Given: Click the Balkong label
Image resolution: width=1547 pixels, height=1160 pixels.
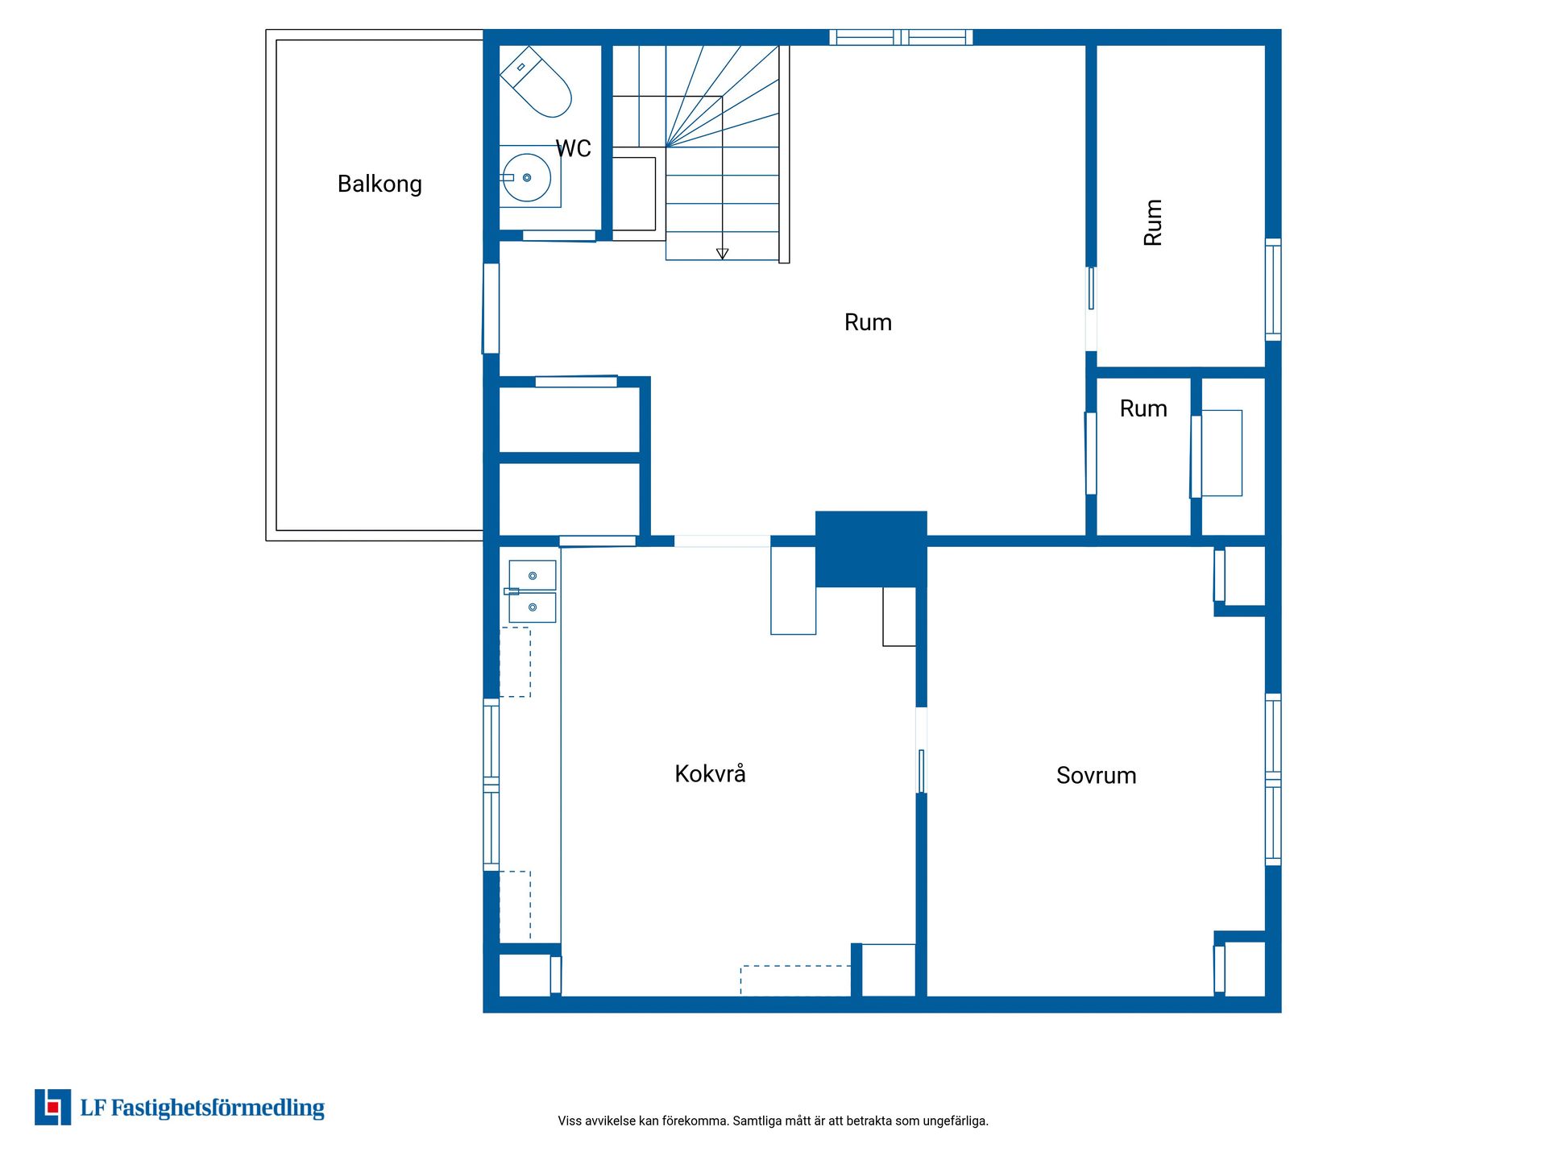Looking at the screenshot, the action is [x=379, y=184].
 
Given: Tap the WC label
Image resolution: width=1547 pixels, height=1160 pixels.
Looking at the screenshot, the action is [x=573, y=148].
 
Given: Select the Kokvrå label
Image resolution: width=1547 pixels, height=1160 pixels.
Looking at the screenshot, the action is [x=710, y=773].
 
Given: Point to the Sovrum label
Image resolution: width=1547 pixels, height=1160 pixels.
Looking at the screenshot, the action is [x=1096, y=776].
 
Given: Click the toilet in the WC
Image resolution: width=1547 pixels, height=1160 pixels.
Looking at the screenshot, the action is [x=536, y=81].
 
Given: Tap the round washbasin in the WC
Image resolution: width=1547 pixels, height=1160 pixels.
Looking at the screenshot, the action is [x=528, y=177].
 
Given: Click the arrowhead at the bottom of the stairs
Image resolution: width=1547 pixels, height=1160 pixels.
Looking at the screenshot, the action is [x=722, y=254].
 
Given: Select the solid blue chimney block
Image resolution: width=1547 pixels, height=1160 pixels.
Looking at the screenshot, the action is [x=871, y=549].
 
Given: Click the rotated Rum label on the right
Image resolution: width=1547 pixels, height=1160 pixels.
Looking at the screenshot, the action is [x=1153, y=222].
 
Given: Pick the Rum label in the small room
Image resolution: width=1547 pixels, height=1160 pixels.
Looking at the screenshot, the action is [x=1143, y=409].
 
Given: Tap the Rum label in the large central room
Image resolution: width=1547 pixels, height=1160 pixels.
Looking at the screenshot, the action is [x=868, y=323].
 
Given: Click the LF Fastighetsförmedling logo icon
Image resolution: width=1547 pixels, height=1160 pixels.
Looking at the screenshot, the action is [x=52, y=1107].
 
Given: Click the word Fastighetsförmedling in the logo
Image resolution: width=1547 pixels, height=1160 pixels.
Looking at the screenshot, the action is [x=218, y=1108].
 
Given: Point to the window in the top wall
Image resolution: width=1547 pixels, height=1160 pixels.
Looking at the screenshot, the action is [x=901, y=37].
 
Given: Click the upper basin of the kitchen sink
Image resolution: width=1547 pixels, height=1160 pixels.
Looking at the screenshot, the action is [x=533, y=575].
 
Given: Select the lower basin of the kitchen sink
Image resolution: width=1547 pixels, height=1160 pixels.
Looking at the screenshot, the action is [x=533, y=607].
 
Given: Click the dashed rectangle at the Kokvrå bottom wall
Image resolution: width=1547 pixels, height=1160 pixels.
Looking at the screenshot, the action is [x=795, y=980].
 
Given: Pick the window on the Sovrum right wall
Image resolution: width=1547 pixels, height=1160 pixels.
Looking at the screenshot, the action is [x=1273, y=780].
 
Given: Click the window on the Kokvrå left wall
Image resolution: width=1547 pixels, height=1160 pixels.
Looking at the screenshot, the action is [x=491, y=785].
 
